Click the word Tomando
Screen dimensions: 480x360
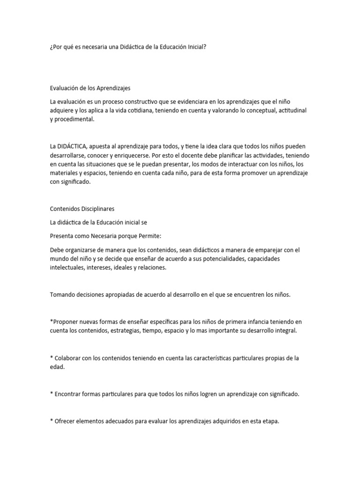click(x=63, y=294)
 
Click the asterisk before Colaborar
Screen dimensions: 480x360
click(x=51, y=358)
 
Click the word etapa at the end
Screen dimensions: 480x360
click(x=269, y=421)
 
